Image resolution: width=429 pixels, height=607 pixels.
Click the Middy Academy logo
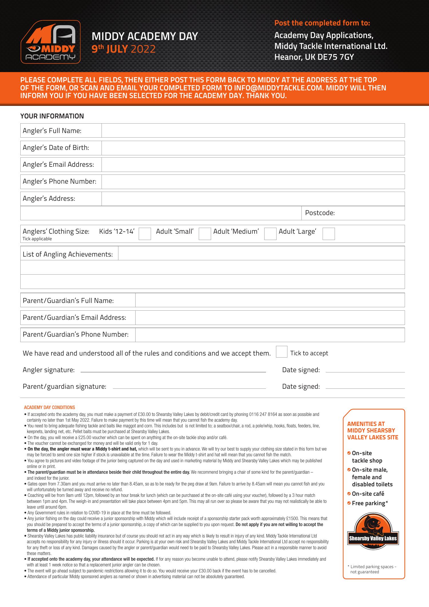[x=51, y=42]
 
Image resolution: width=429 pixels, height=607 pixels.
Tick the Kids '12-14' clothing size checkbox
[x=145, y=234]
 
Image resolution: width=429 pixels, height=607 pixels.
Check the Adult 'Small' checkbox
[x=205, y=234]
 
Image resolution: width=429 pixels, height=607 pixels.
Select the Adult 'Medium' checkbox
[x=270, y=234]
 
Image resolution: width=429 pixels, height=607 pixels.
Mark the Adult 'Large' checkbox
[x=329, y=234]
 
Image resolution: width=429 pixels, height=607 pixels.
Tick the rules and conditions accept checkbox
[x=281, y=352]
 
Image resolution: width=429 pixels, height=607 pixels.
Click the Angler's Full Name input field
[x=253, y=130]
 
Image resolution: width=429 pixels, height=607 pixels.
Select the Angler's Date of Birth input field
[x=253, y=148]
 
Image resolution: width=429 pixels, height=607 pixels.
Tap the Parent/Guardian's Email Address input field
[x=270, y=318]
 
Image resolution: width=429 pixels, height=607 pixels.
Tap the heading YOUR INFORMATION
[x=52, y=116]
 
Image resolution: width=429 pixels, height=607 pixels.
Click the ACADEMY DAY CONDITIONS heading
[x=49, y=407]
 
